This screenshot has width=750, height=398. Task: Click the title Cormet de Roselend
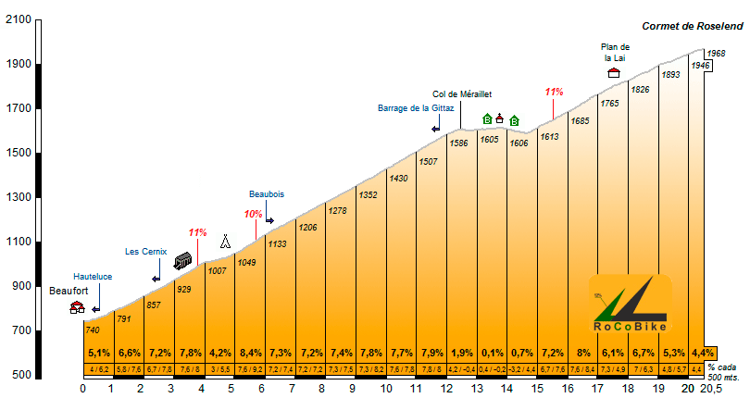[x=688, y=27]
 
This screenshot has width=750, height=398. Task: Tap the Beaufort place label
[x=69, y=291]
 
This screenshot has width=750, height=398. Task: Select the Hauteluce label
[x=93, y=276]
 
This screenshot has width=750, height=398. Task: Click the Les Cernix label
[x=145, y=251]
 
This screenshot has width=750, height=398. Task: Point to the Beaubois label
[x=267, y=194]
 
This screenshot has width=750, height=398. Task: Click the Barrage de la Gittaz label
[x=417, y=107]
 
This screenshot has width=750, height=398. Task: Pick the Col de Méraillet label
[x=462, y=93]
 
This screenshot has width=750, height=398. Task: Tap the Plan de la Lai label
[x=615, y=53]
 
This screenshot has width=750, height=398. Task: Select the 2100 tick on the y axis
[x=18, y=19]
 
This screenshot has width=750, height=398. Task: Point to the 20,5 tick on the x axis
[x=712, y=389]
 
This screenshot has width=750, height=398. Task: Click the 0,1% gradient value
[x=491, y=354]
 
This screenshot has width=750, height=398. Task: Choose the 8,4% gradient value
[x=250, y=354]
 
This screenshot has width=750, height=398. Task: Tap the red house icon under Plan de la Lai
[x=613, y=72]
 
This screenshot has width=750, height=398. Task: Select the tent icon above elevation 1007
[x=225, y=243]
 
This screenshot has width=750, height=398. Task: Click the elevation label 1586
[x=457, y=143]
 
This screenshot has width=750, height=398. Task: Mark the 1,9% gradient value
[x=461, y=354]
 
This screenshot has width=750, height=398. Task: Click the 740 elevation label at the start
[x=92, y=330]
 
